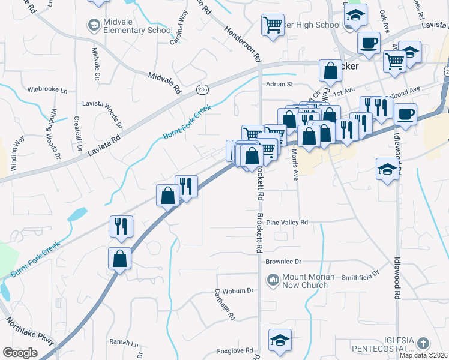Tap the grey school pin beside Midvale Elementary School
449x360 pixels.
tap(94, 25)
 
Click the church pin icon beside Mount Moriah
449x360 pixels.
tap(274, 280)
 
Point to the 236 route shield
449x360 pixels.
tap(203, 89)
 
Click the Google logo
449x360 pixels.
tap(20, 352)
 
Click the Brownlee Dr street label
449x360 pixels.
tap(283, 262)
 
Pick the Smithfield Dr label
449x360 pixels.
tap(361, 275)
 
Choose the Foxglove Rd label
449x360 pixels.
tap(235, 350)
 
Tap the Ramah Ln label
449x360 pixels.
tap(124, 343)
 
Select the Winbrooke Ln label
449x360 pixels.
tap(47, 90)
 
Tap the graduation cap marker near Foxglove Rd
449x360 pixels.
tap(279, 340)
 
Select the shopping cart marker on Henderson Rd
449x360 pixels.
tap(273, 25)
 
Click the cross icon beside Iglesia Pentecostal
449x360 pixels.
tap(423, 343)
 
